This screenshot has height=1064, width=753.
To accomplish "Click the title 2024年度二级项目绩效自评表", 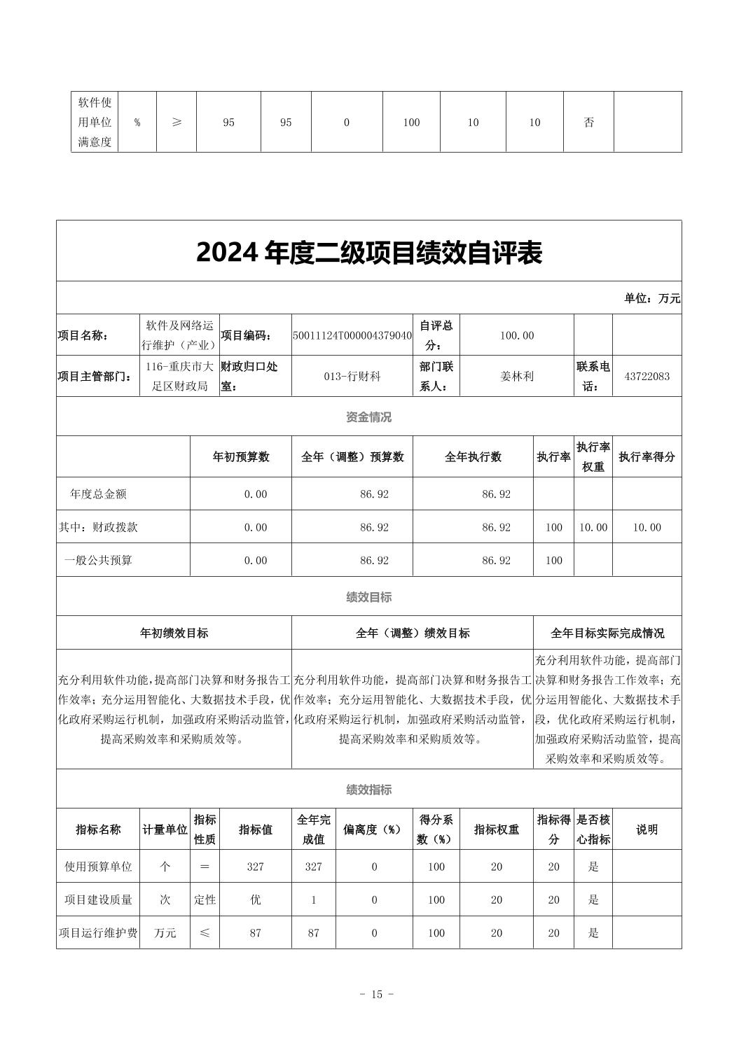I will (369, 253).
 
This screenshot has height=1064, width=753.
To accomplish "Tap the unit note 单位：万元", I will (651, 298).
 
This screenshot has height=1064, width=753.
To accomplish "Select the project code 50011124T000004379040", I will (352, 335).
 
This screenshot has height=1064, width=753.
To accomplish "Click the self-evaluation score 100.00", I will (516, 335).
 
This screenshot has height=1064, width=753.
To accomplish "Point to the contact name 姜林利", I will (516, 376).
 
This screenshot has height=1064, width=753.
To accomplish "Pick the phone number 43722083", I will (647, 376).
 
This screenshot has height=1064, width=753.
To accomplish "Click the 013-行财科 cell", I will (352, 376).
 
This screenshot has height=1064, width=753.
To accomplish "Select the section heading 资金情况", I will (369, 417).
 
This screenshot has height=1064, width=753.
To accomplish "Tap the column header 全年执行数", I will (473, 457).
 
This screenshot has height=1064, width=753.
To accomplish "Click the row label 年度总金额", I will (98, 494).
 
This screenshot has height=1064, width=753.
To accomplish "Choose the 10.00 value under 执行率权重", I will (593, 528).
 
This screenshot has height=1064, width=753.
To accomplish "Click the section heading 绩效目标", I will (369, 597).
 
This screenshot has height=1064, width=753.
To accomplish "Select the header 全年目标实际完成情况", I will (607, 633).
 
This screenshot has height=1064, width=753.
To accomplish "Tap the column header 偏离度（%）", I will (373, 829).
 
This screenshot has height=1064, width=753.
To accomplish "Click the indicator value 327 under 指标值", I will (255, 867).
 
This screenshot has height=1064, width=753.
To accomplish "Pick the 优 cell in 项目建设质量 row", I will (255, 900).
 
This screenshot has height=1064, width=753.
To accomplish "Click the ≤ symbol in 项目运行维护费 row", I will (205, 933).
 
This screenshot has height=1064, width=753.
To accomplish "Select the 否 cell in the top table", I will (588, 122).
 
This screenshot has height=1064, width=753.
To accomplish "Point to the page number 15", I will (376, 995).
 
